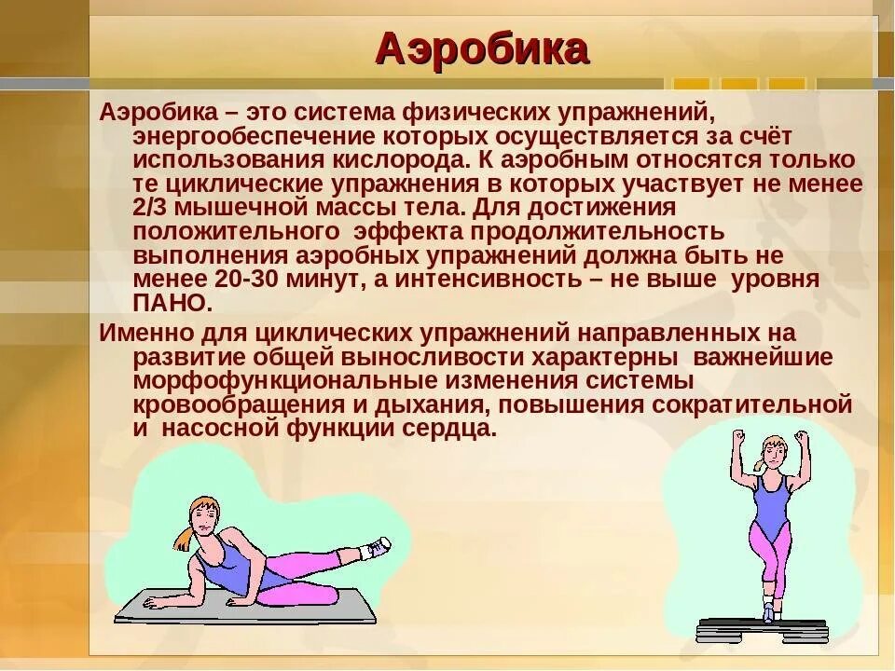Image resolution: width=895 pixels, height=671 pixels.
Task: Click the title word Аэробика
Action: (x=482, y=48)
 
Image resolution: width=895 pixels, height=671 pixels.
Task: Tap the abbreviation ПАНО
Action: (x=172, y=304)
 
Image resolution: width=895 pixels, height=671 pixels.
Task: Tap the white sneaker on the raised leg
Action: (x=375, y=548)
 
